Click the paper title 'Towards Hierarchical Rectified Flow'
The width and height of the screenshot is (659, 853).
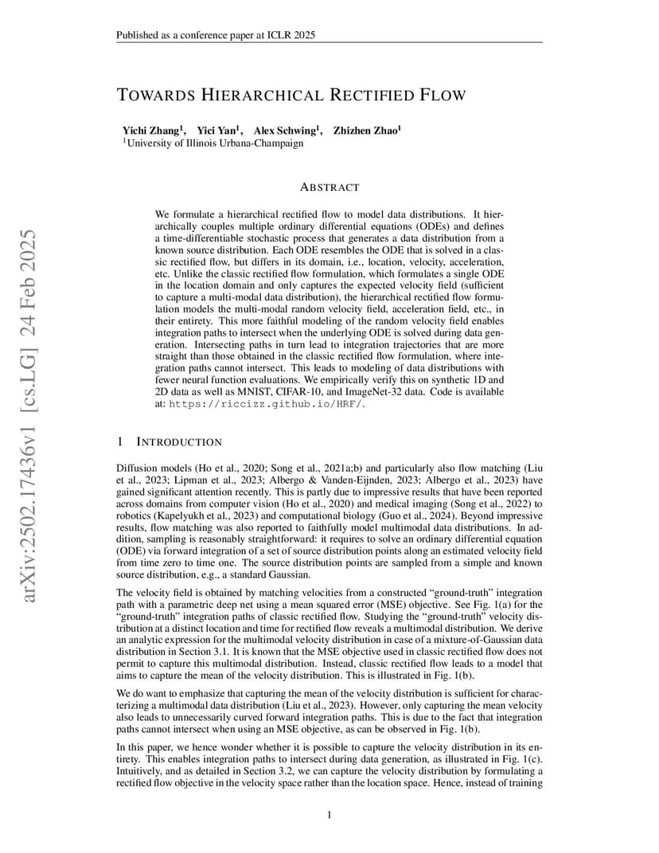click(x=291, y=95)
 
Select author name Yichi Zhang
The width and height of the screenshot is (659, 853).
click(x=151, y=130)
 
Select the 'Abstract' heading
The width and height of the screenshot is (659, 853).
click(x=329, y=188)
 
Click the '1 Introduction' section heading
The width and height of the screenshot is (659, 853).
click(x=169, y=442)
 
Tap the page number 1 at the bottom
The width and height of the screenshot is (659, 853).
click(x=329, y=814)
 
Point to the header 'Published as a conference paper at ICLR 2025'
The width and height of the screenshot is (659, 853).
click(x=220, y=35)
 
